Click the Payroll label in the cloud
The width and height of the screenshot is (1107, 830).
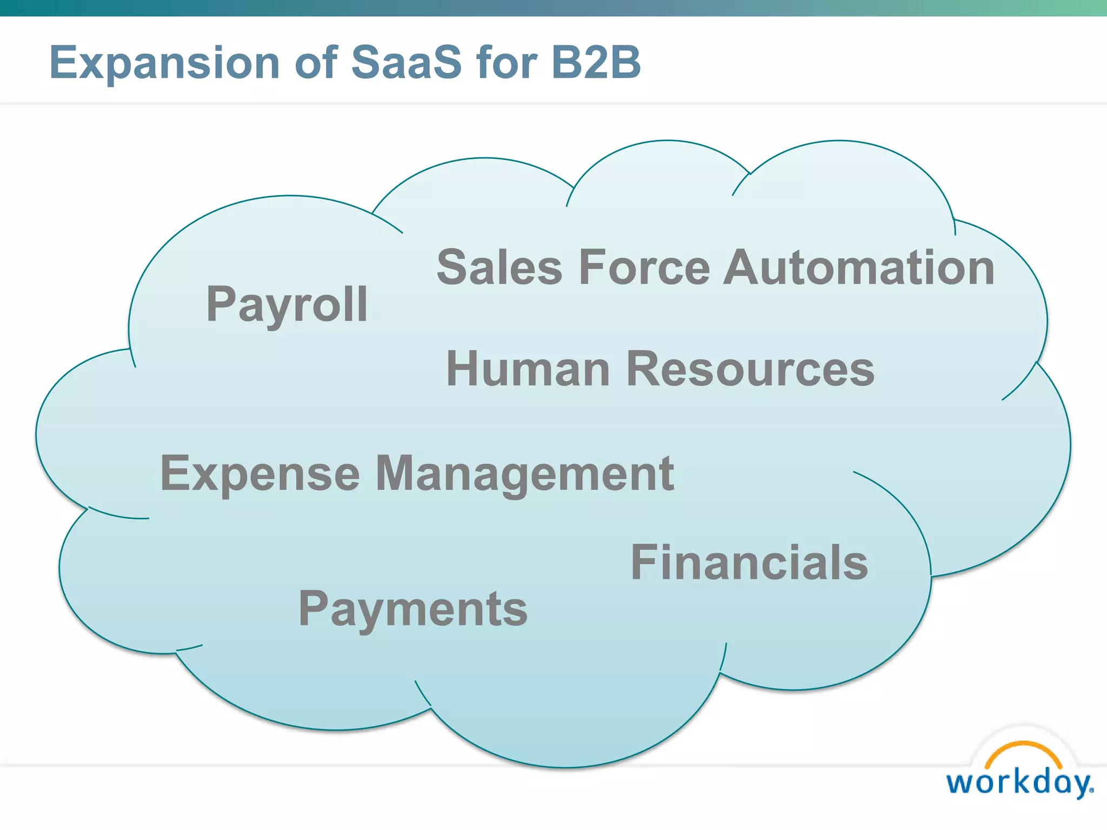click(x=287, y=305)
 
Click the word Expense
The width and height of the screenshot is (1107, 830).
click(x=260, y=474)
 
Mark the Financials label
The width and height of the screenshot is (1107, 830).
click(x=749, y=563)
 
